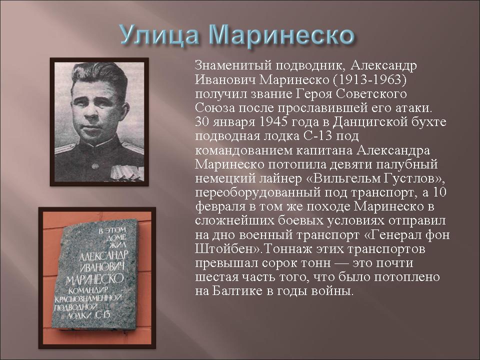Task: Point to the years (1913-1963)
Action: point(369,79)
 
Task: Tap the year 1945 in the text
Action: point(273,121)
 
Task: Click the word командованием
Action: point(243,150)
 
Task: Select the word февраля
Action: point(220,207)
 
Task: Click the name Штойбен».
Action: point(228,249)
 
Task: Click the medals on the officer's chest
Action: point(127,172)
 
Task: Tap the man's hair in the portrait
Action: point(100,75)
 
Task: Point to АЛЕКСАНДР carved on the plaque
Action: point(103,255)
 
